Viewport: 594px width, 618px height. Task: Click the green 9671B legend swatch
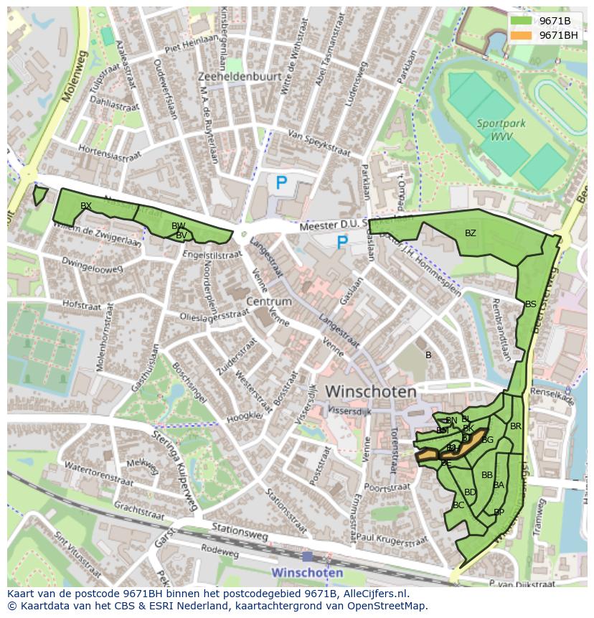click(521, 21)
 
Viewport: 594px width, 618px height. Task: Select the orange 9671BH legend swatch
click(521, 35)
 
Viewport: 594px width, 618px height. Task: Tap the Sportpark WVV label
click(501, 130)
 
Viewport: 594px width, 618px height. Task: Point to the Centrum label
click(268, 301)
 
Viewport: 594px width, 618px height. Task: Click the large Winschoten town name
click(370, 392)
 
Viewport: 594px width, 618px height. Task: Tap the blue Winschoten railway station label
click(307, 573)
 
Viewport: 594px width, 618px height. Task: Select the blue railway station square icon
click(307, 556)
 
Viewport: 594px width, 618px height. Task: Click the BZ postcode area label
click(470, 233)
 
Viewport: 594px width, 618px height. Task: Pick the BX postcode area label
click(86, 206)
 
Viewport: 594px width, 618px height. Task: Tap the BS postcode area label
click(530, 304)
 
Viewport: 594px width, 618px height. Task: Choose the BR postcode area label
click(515, 426)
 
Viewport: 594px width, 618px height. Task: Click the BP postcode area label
click(499, 512)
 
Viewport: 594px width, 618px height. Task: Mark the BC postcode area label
click(458, 505)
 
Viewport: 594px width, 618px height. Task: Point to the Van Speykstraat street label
click(319, 143)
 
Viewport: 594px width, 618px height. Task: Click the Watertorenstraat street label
click(99, 475)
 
